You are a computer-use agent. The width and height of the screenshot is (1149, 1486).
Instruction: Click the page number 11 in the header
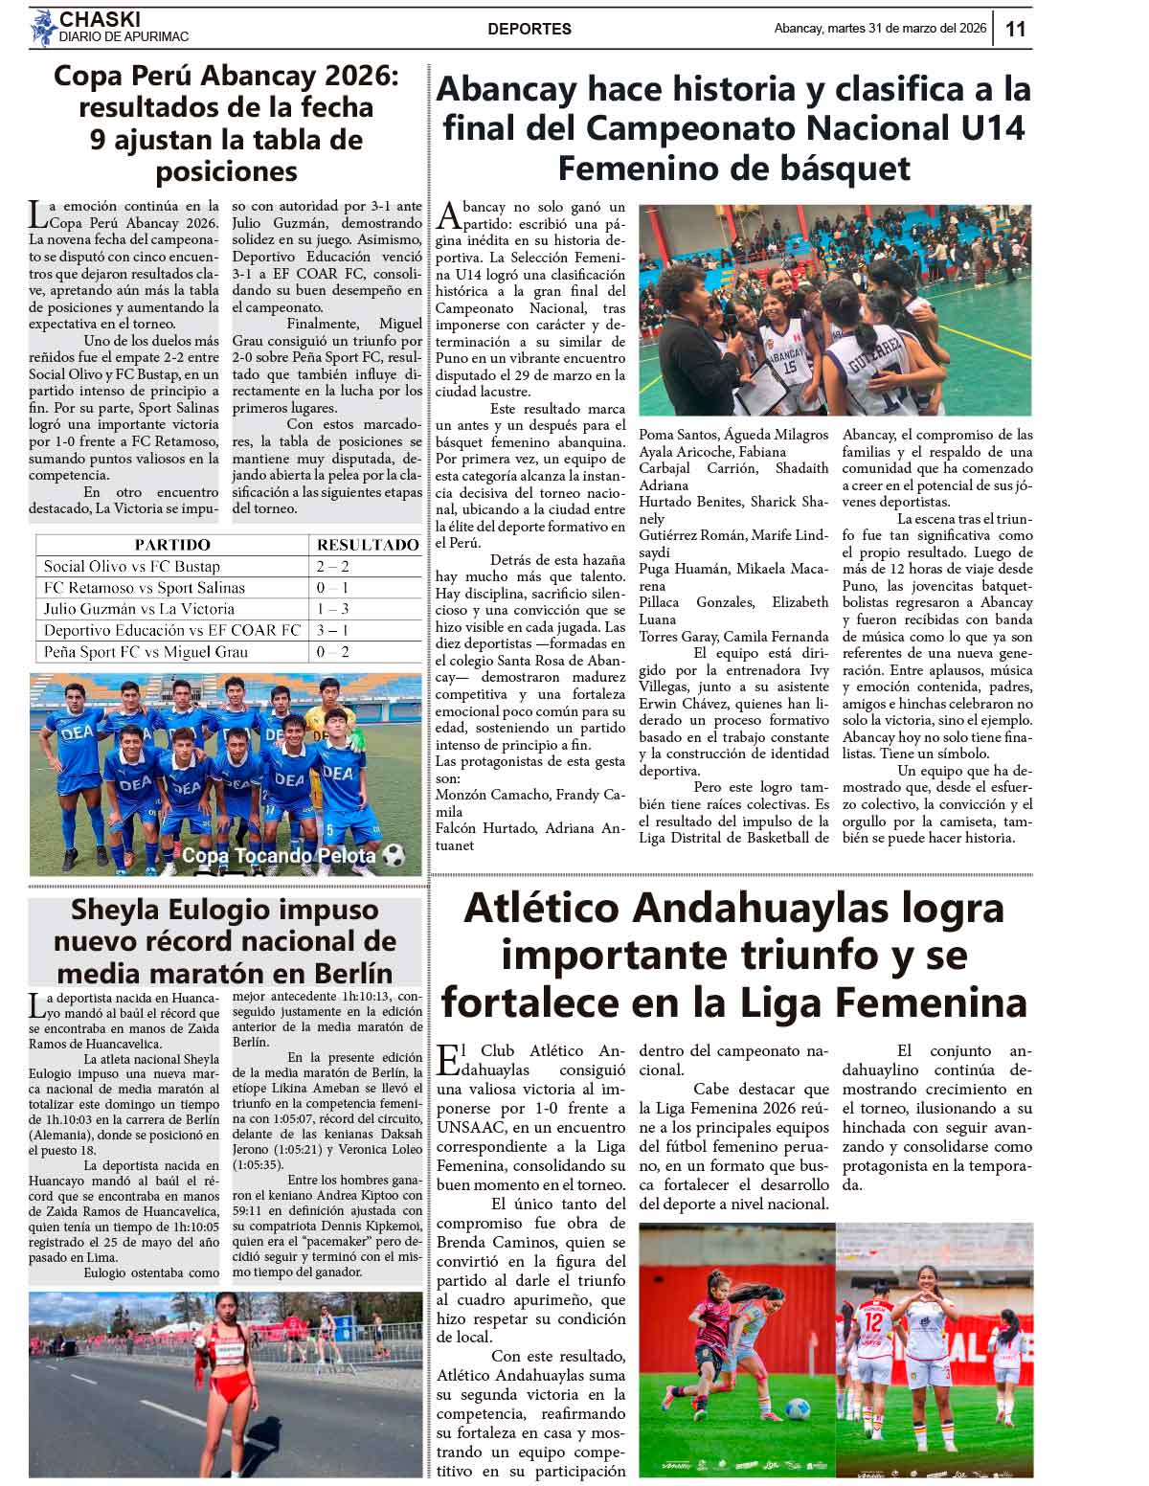1015,29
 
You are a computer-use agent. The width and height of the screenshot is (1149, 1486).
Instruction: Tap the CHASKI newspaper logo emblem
42,28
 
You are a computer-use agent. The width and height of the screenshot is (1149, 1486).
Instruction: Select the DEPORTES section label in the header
529,29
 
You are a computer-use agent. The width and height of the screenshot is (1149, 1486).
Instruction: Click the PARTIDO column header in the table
172,545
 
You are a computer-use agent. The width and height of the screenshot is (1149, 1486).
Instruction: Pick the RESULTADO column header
368,545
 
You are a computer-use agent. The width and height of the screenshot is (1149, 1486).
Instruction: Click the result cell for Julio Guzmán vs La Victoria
332,609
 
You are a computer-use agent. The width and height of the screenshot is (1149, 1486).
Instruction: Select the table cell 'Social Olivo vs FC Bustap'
132,567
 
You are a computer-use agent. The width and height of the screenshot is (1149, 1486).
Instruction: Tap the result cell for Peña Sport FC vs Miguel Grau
332,652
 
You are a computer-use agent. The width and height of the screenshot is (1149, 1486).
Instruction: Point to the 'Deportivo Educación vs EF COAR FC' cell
172,630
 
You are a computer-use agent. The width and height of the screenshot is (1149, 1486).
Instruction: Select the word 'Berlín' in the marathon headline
347,973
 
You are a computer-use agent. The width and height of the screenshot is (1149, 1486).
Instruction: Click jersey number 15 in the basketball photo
790,366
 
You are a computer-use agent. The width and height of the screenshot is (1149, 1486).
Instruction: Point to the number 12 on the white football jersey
872,1320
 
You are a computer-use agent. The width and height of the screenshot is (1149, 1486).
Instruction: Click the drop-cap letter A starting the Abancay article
447,216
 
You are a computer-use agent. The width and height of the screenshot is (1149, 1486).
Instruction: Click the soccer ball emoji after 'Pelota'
393,855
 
